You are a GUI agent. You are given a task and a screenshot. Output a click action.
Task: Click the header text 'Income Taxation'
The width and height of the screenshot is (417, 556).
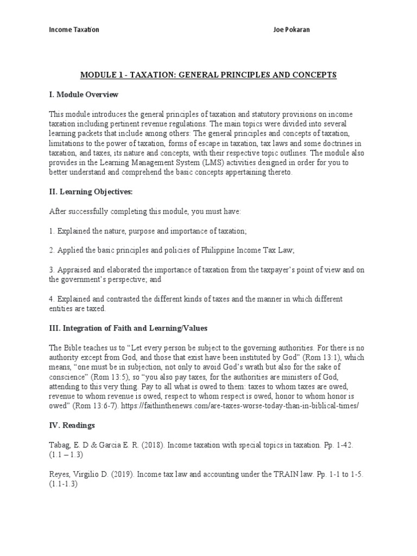(74, 29)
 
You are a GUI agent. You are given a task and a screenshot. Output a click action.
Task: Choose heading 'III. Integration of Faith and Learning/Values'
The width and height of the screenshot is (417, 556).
(128, 328)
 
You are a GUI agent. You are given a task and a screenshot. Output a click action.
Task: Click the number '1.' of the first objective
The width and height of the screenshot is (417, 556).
(52, 231)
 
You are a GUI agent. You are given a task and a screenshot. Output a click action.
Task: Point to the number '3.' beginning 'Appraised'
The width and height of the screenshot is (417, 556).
(52, 270)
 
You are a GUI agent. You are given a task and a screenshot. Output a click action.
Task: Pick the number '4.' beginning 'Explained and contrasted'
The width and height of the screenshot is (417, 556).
(52, 299)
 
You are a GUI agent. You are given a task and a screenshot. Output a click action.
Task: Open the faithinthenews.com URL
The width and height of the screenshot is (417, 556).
(250, 406)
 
